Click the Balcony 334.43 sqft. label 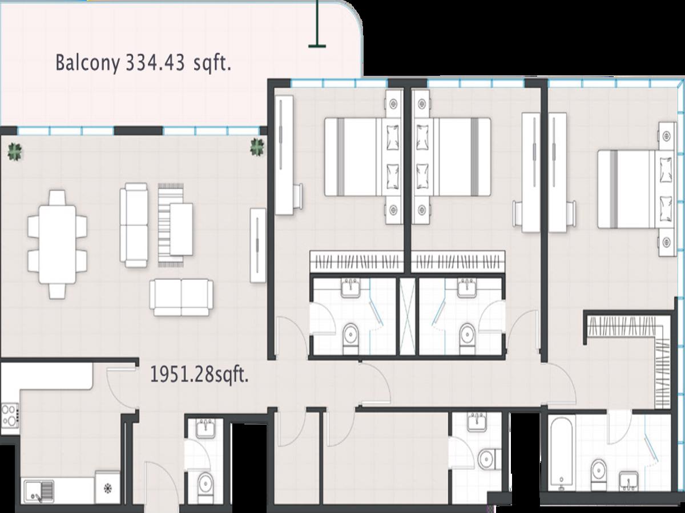143,63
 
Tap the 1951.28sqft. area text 199,374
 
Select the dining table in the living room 58,245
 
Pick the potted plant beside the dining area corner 15,152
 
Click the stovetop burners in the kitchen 10,415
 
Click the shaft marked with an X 408,316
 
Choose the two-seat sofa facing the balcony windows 182,298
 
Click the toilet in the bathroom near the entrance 205,490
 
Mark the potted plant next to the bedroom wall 257,147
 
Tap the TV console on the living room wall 258,246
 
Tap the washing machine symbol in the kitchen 108,487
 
